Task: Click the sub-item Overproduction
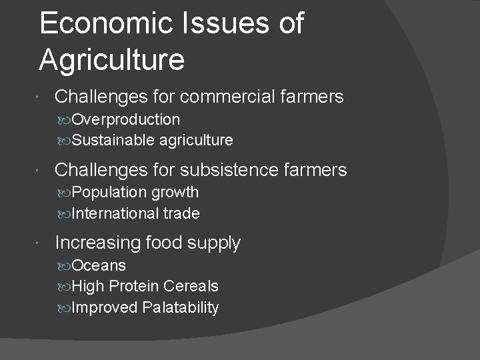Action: [x=125, y=119]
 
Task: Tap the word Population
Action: [x=110, y=193]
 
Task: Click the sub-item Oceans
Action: [x=99, y=265]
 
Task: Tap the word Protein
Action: [x=133, y=287]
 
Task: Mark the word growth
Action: [x=175, y=193]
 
